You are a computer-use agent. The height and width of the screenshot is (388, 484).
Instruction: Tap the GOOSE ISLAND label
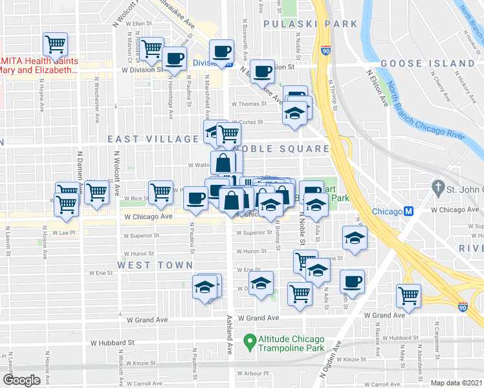click(x=428, y=63)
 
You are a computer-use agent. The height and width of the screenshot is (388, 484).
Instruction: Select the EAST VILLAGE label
click(x=153, y=139)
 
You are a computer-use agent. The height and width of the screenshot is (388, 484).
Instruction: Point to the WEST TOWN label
click(x=155, y=265)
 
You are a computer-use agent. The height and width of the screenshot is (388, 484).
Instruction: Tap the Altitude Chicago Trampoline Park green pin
click(x=248, y=339)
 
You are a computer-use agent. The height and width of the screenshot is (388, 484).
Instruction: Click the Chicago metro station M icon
click(x=409, y=211)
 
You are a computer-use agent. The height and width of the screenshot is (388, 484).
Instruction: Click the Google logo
click(x=21, y=380)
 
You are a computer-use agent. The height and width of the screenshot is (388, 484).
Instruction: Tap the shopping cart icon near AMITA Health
click(x=56, y=45)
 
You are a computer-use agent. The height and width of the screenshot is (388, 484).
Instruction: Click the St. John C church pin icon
click(x=438, y=191)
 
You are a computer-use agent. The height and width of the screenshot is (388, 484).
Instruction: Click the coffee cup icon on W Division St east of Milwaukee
click(x=262, y=72)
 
